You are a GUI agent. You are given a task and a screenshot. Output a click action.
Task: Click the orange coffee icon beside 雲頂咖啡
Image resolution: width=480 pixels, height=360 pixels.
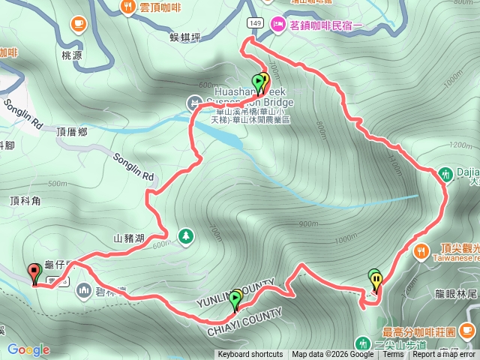click(x=127, y=7)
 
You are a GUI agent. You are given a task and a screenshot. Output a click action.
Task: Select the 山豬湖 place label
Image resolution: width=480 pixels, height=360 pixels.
click(x=128, y=238)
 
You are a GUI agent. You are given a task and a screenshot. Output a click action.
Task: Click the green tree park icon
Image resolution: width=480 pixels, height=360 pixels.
click(x=184, y=238)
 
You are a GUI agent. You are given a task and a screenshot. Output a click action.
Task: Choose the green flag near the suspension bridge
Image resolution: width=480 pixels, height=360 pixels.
click(x=259, y=81)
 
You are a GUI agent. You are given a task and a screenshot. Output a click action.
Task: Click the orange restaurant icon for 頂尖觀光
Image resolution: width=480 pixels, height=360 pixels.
click(x=421, y=250)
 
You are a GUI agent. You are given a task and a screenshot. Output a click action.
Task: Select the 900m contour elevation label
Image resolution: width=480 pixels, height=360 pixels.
click(x=308, y=223)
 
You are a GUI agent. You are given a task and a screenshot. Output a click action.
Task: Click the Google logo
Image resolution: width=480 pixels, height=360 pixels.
click(x=28, y=349)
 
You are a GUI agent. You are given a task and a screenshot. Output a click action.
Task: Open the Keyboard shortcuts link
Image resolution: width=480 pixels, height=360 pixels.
click(x=250, y=355)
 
